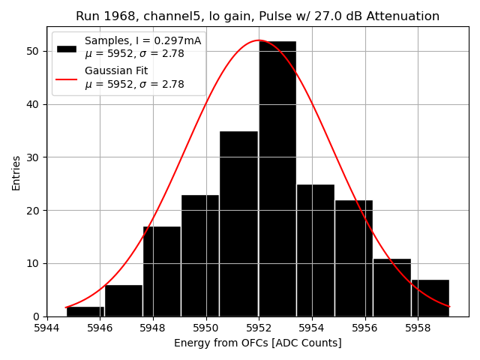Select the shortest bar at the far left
85,311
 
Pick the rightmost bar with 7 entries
430,298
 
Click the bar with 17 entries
161,271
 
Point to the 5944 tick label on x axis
46,328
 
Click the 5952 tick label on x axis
259,328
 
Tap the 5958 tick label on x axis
418,328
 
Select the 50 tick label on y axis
34,51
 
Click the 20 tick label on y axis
34,210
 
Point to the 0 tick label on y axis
37,316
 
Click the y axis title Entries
16,172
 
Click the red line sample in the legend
66,78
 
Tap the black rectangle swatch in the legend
66,48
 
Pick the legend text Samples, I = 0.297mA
143,40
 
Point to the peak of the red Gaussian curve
259,40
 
